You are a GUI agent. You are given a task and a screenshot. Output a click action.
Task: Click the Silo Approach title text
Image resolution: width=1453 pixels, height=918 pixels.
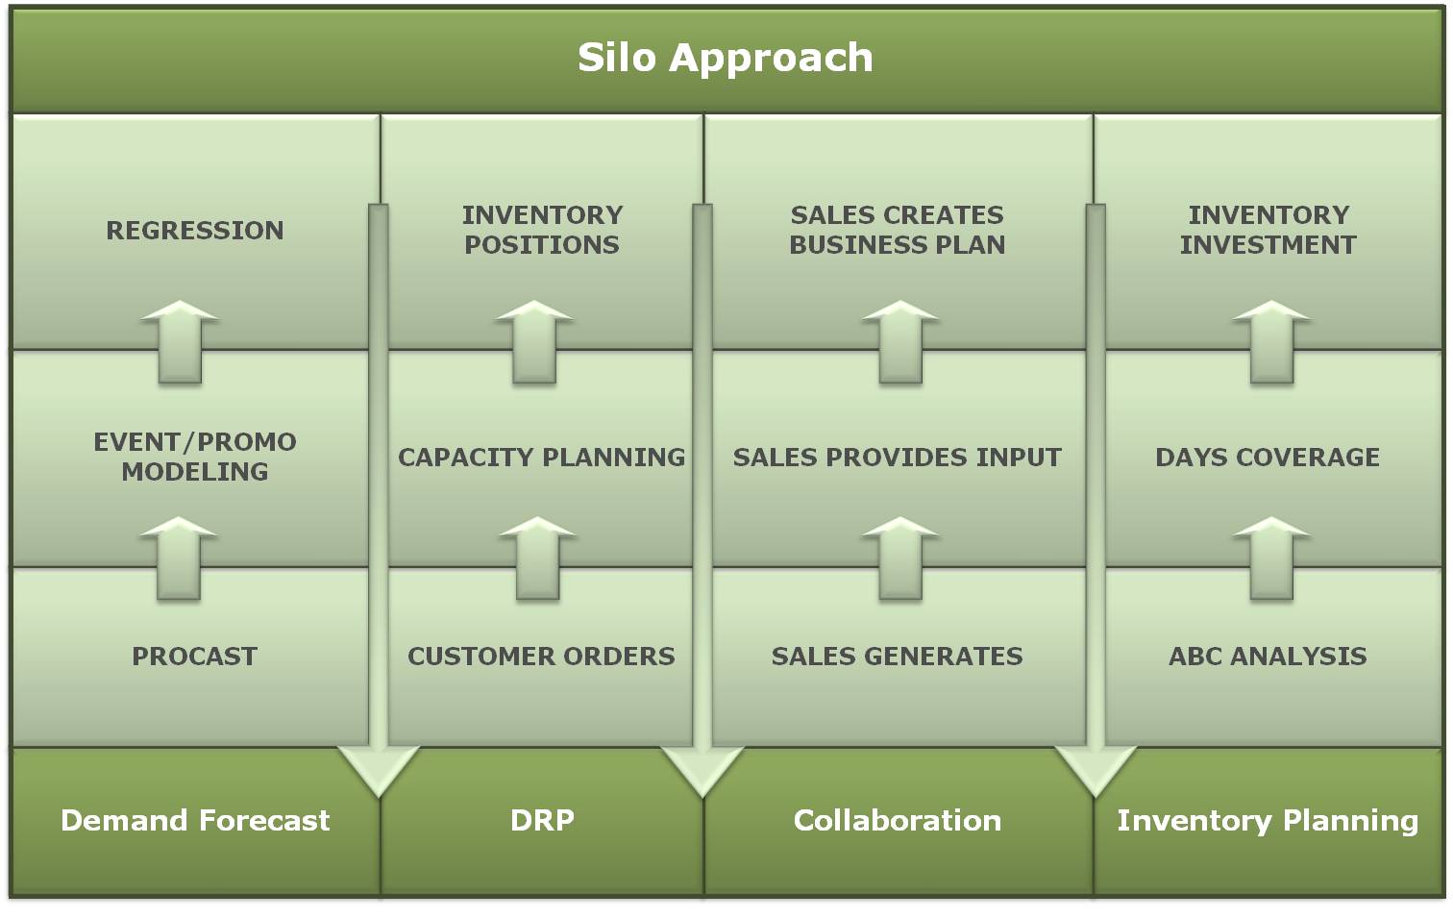726,58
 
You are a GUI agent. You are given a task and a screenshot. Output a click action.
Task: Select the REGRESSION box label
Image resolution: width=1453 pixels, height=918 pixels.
195,231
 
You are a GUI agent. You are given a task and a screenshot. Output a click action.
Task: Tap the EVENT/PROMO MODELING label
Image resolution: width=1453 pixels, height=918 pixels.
195,457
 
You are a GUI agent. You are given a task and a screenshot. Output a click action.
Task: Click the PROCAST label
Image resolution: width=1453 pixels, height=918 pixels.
195,657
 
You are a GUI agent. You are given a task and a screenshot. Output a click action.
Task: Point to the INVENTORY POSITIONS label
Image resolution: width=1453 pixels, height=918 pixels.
542,230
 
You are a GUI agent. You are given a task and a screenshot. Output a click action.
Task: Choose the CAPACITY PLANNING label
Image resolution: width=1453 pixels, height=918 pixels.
542,458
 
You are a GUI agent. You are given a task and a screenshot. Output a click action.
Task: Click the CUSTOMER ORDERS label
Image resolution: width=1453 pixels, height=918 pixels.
541,657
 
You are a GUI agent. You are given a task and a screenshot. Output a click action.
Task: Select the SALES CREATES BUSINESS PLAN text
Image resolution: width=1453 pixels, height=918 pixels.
898,230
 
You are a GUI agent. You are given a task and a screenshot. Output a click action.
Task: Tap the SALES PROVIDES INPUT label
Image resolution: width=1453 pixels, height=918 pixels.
898,458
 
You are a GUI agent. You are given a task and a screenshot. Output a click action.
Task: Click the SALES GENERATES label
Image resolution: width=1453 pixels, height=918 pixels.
898,657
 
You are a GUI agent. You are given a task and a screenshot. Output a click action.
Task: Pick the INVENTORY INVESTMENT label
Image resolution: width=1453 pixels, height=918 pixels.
1268,230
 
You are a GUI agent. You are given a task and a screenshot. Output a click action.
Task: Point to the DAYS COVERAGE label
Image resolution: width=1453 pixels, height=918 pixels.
1268,458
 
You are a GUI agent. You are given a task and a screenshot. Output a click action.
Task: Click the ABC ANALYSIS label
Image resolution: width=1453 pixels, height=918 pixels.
1268,657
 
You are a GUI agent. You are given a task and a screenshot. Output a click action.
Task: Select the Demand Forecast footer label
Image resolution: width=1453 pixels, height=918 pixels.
195,820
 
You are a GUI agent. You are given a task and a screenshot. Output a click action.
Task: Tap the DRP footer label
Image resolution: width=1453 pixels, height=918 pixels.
542,820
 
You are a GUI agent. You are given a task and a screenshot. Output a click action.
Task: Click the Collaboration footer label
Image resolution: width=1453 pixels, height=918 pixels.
898,820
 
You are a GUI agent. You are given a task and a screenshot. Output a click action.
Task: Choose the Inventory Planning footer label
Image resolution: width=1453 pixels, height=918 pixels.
1268,820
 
